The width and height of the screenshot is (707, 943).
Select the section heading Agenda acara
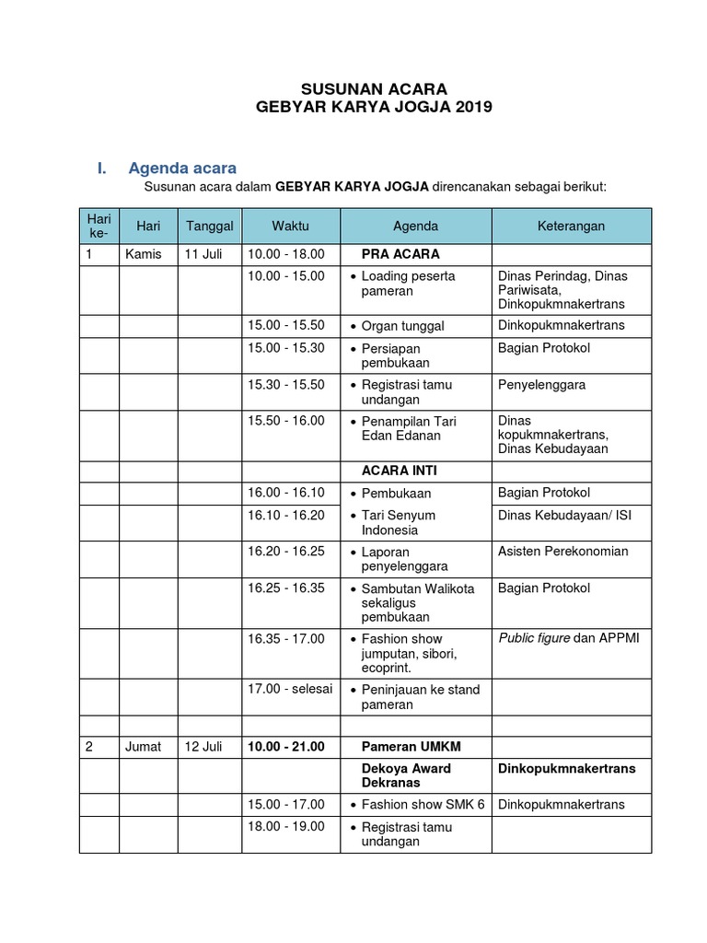(182, 169)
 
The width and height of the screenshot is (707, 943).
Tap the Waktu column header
(290, 226)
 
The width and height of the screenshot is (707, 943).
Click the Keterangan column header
(571, 226)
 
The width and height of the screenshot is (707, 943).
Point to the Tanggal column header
(210, 226)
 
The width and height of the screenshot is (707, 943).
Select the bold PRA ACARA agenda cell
(400, 254)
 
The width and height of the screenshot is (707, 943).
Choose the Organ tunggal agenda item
(402, 326)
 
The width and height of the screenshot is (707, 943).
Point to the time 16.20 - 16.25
(285, 552)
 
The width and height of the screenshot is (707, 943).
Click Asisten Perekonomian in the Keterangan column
(562, 552)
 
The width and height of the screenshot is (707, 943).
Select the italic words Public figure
(534, 639)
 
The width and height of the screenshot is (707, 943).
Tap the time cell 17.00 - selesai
(289, 690)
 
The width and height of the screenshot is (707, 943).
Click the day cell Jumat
(143, 747)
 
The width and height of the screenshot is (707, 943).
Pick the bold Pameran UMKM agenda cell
(406, 747)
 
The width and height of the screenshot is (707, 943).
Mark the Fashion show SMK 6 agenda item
(423, 805)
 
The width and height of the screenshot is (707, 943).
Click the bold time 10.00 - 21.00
(285, 747)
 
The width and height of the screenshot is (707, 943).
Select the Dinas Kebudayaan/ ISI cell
(564, 516)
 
